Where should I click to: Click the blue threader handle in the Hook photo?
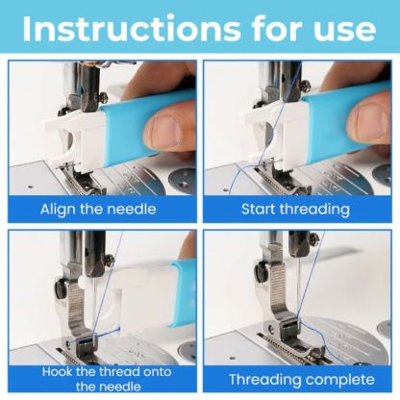click(184, 294)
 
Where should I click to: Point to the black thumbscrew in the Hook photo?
click(60, 288)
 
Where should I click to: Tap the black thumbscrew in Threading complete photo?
click(260, 271)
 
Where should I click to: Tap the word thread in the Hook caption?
click(120, 372)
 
